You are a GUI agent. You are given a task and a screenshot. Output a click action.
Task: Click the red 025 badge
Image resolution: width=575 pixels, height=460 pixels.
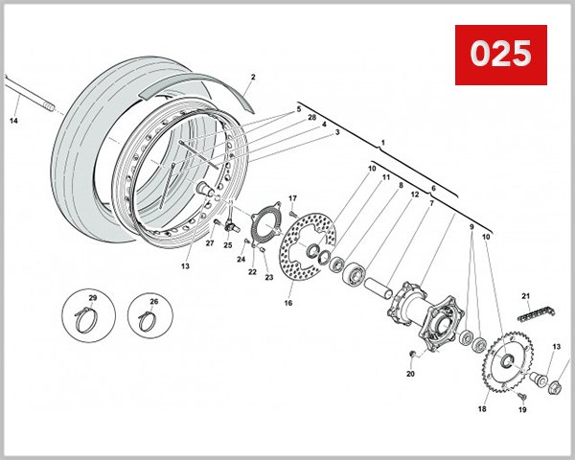click(x=499, y=55)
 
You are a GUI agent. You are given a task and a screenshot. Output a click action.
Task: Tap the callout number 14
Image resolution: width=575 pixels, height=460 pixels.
click(x=13, y=121)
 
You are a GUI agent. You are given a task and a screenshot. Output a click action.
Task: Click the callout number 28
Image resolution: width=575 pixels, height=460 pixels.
click(x=310, y=117)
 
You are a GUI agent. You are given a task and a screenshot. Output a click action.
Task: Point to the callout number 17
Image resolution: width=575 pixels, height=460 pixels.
click(x=293, y=198)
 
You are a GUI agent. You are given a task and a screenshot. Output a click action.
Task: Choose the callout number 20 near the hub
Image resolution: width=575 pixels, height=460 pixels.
click(x=410, y=374)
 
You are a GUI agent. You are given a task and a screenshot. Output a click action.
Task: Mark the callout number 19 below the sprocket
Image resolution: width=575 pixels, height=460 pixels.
click(x=523, y=409)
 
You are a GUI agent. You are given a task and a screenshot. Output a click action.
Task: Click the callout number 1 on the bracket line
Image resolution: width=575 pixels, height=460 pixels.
click(x=382, y=143)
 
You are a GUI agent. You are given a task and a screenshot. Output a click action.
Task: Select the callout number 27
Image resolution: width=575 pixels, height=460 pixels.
click(x=209, y=243)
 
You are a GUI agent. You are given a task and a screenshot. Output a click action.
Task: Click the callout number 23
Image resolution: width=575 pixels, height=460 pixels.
click(x=269, y=278)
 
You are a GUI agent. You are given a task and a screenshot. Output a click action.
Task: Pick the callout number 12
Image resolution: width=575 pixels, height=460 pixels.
click(x=414, y=195)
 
